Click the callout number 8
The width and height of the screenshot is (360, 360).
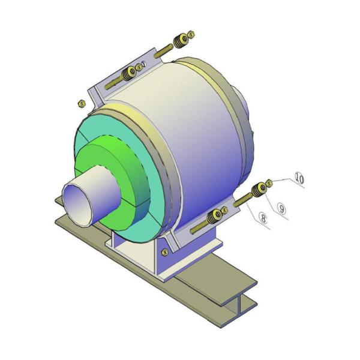[x=263, y=218]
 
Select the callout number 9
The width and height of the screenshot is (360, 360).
[x=281, y=208]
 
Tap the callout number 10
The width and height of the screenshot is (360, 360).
[x=299, y=178]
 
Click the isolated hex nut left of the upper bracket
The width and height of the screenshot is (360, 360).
[x=82, y=103]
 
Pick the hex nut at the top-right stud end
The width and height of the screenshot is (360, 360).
[x=191, y=34]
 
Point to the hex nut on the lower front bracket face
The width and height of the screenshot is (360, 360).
[x=164, y=252]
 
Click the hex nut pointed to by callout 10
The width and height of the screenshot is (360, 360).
[x=269, y=183]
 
